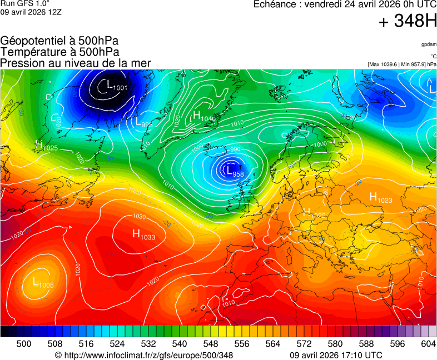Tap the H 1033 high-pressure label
[x=143, y=235]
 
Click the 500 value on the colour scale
[x=24, y=344]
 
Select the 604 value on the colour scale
[x=428, y=344]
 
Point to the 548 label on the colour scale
[x=210, y=344]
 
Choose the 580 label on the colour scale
[x=335, y=344]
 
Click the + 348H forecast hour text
[x=407, y=22]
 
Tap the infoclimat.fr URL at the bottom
[x=144, y=355]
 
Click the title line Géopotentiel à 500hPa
[x=59, y=41]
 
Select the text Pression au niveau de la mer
[x=76, y=63]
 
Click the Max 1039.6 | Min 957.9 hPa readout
[x=402, y=64]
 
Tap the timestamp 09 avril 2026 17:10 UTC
[x=336, y=355]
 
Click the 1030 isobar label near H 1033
[x=139, y=217]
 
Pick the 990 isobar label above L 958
[x=235, y=149]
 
